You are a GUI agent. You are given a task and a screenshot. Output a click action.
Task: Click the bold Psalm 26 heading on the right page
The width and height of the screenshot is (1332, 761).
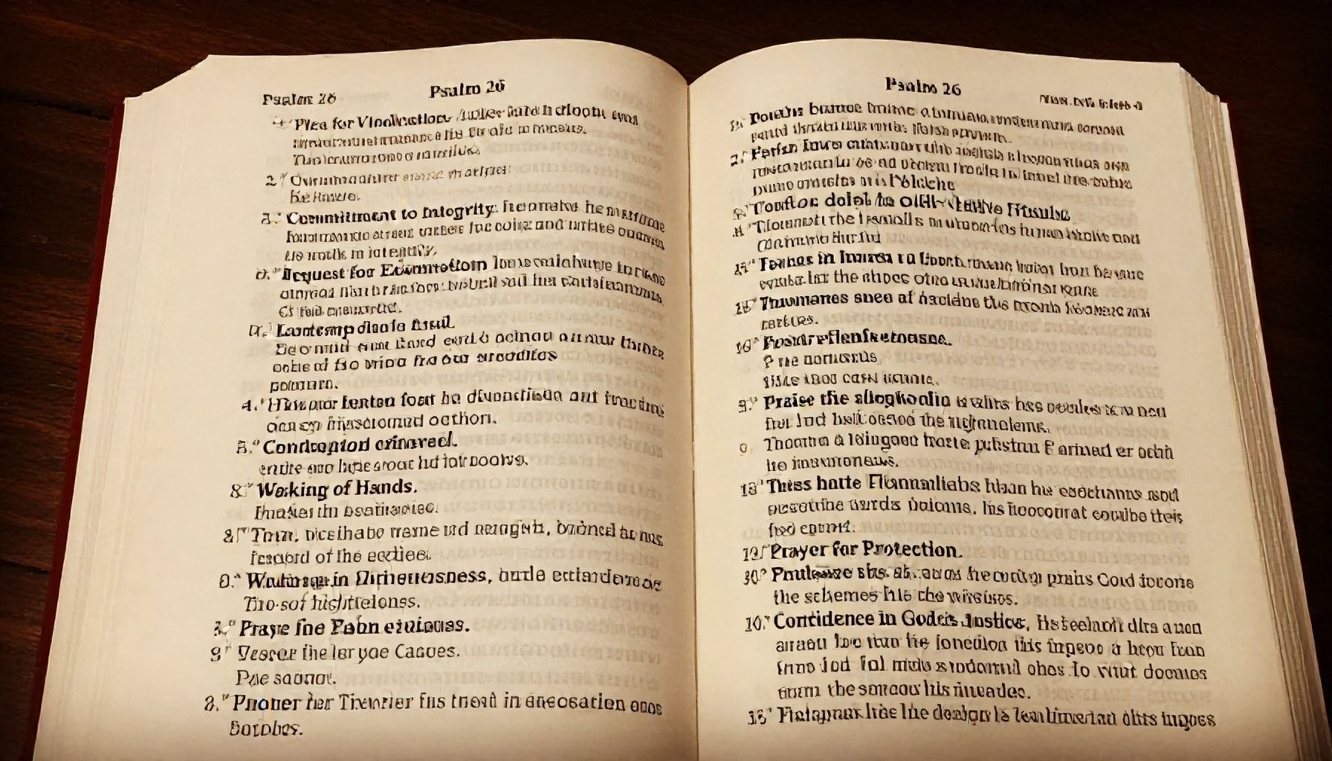[923, 88]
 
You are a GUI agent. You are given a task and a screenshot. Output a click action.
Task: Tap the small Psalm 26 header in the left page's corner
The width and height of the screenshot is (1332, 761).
[299, 99]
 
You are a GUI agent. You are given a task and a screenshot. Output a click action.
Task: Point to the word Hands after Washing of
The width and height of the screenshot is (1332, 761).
[384, 488]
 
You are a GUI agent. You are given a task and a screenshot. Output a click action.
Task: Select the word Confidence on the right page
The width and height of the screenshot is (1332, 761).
[824, 620]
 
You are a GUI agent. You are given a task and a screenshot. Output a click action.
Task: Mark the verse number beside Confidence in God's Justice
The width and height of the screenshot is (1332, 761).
[752, 623]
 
